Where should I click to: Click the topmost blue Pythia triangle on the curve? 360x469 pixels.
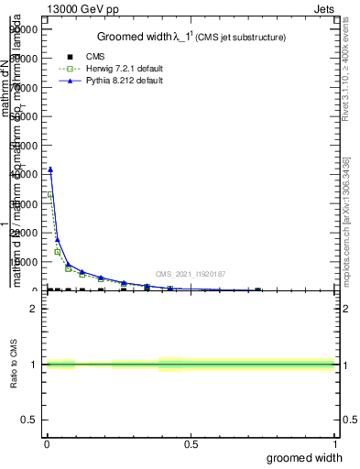pos(50,169)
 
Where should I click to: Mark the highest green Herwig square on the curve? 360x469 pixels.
pos(50,195)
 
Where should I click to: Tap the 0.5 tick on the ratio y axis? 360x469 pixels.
pos(28,420)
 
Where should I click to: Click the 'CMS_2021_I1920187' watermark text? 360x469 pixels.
pos(191,274)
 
